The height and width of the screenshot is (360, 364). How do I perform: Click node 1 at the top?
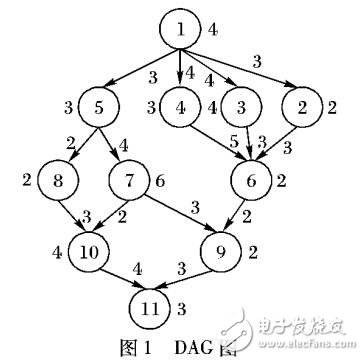point(182,31)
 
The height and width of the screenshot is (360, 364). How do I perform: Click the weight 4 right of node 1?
point(212,29)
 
